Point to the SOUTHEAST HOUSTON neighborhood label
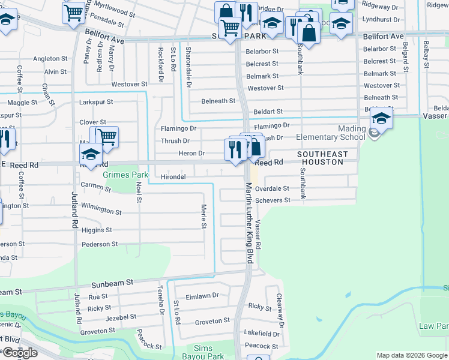tap(322, 158)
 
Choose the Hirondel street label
tap(173, 177)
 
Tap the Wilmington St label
tap(101, 211)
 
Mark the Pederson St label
tap(100, 244)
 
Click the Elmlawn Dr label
tap(203, 295)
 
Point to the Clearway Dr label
tap(280, 307)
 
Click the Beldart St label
tap(268, 112)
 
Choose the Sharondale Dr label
tap(188, 64)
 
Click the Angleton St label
tap(50, 59)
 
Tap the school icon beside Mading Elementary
tap(381, 118)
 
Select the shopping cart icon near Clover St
tap(107, 137)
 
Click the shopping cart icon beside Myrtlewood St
tap(73, 11)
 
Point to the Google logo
tap(20, 353)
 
